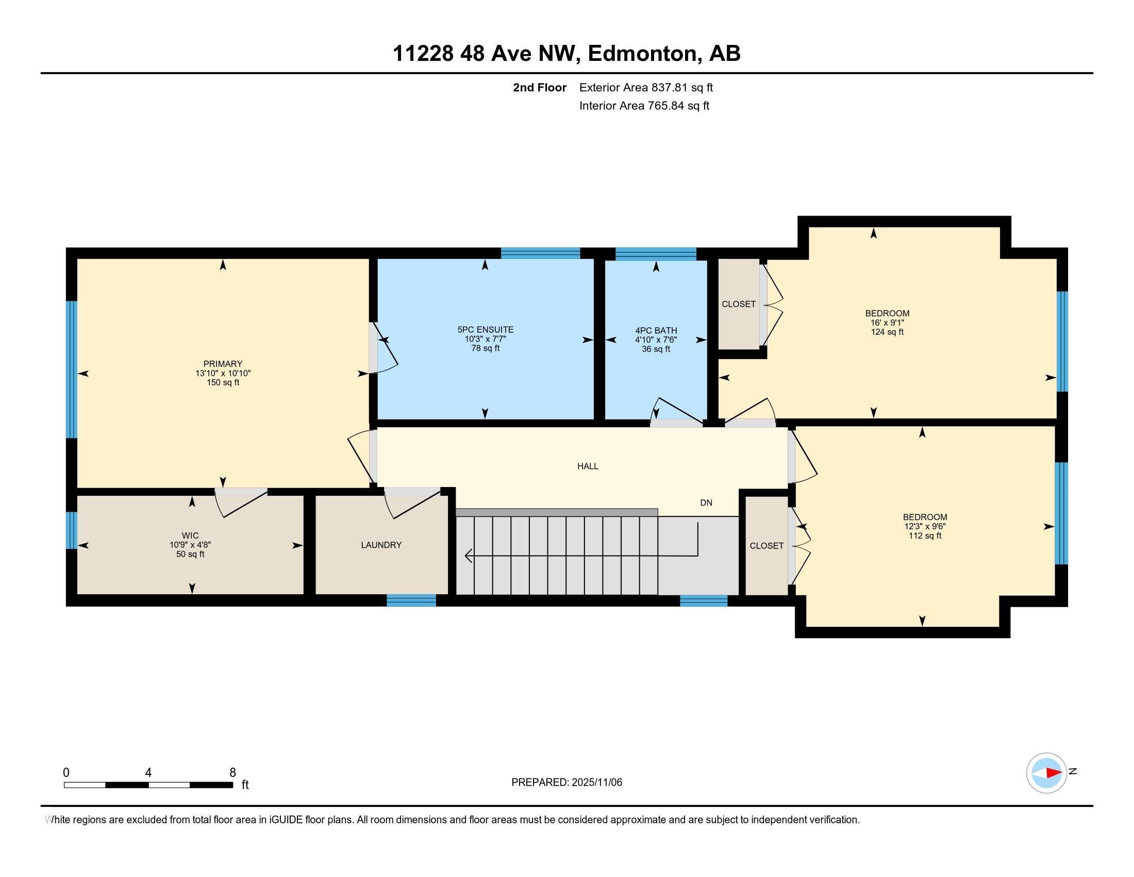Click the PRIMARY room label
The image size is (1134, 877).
[223, 364]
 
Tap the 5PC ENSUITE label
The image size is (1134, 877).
[485, 330]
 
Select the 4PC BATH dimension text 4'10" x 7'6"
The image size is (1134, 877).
[656, 340]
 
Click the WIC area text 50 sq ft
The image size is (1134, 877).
[190, 555]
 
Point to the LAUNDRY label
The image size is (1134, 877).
[381, 545]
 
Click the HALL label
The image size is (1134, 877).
[588, 466]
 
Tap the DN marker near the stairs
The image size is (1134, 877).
[706, 503]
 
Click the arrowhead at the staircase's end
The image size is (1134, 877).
[469, 556]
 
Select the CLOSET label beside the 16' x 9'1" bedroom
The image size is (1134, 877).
[738, 304]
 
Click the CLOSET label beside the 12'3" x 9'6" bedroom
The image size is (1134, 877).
[766, 545]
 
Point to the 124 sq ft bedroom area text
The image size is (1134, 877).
[887, 332]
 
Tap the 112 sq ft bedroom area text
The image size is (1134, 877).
[925, 535]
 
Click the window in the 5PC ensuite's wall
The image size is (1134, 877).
[540, 253]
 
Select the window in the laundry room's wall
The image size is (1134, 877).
[411, 600]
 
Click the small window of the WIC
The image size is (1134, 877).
[72, 530]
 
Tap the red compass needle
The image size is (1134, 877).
[1053, 773]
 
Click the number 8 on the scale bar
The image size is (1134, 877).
[232, 773]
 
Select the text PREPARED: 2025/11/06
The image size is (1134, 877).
[566, 783]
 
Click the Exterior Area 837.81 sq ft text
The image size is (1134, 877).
[646, 88]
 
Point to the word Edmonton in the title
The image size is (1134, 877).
[642, 54]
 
